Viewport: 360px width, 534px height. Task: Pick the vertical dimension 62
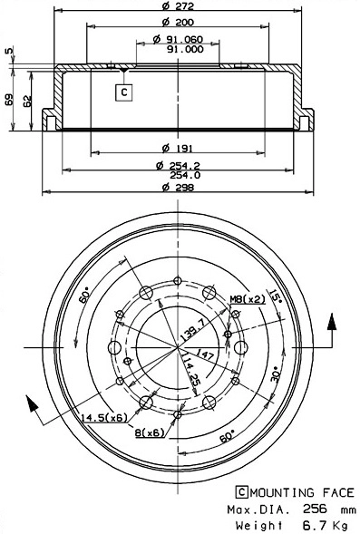(x=27, y=102)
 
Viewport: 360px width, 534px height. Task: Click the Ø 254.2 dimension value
(x=178, y=164)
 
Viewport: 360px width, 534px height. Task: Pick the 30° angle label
(x=274, y=374)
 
